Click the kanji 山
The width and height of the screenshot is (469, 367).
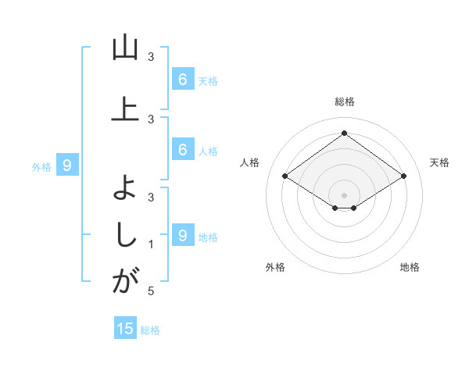(125, 49)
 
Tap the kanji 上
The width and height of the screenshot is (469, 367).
(125, 109)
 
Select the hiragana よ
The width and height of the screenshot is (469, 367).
(125, 187)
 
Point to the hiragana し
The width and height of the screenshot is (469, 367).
(125, 233)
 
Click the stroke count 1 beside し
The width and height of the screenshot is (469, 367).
(151, 244)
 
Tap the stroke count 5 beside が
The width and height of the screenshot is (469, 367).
(151, 291)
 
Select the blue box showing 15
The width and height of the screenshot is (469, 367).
(126, 329)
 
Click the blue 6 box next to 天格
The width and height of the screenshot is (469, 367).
(182, 79)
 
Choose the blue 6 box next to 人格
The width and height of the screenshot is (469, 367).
(182, 150)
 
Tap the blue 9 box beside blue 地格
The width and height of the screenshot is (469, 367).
(182, 235)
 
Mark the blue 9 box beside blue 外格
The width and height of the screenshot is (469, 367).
(67, 165)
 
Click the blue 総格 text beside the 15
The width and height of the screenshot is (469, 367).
(150, 330)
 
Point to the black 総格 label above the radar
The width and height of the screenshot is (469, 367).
(344, 102)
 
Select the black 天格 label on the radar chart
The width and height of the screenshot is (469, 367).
(440, 162)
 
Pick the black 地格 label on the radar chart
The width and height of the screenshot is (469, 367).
(410, 268)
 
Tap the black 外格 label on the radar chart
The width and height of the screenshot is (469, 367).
(275, 268)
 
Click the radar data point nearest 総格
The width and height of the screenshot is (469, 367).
(344, 134)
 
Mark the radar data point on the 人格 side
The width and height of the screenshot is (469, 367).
(285, 176)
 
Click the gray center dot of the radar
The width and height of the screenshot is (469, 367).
(344, 194)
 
